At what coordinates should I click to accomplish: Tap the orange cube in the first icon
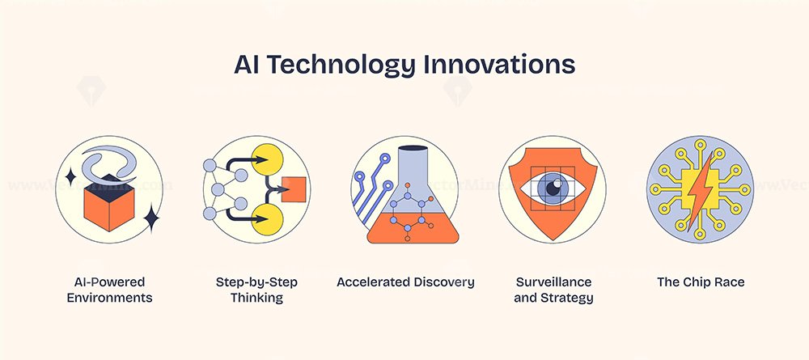point(109,203)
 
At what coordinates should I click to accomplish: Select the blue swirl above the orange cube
point(109,163)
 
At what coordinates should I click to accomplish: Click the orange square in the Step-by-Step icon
point(294,189)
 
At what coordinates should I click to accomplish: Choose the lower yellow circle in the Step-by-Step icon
point(267,218)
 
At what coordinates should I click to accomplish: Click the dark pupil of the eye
point(552,188)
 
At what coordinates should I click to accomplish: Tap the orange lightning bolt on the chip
point(700,188)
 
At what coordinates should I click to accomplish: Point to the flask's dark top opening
point(413,149)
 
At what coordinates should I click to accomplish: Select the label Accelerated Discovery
point(405,282)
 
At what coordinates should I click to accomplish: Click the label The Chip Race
point(701,282)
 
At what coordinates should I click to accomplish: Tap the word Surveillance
point(553,282)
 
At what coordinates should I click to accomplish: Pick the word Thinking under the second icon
point(256,298)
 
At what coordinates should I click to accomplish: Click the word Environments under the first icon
point(109,298)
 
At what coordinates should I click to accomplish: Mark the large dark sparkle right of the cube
point(151,218)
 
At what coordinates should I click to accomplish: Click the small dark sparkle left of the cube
point(70,177)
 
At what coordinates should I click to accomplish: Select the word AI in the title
point(246,66)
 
